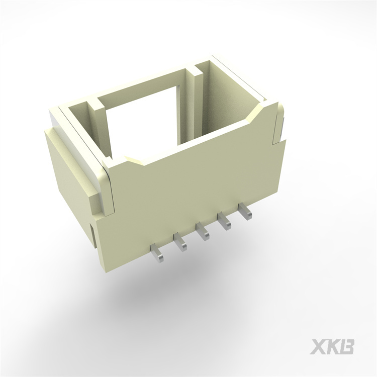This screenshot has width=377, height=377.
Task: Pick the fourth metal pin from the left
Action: (224, 221)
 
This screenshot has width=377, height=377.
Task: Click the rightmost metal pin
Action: (244, 211)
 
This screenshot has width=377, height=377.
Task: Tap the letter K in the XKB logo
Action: (332, 347)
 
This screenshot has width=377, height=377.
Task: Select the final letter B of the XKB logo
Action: (347, 347)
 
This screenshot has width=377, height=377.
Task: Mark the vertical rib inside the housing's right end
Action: (196, 101)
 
